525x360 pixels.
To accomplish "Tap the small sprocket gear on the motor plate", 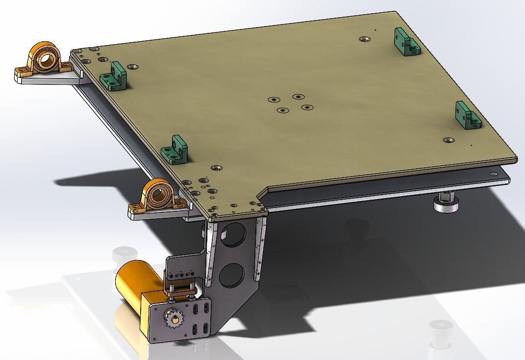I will click(x=174, y=320).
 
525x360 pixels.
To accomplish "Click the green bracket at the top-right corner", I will click(x=405, y=42).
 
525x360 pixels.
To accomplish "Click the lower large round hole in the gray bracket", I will click(x=232, y=275).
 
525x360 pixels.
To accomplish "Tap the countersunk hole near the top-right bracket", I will click(x=364, y=38).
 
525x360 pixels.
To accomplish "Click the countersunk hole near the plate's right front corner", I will click(x=447, y=140).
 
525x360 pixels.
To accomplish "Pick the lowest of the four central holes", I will click(x=282, y=110).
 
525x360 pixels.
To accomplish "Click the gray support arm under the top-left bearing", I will click(x=49, y=79).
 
